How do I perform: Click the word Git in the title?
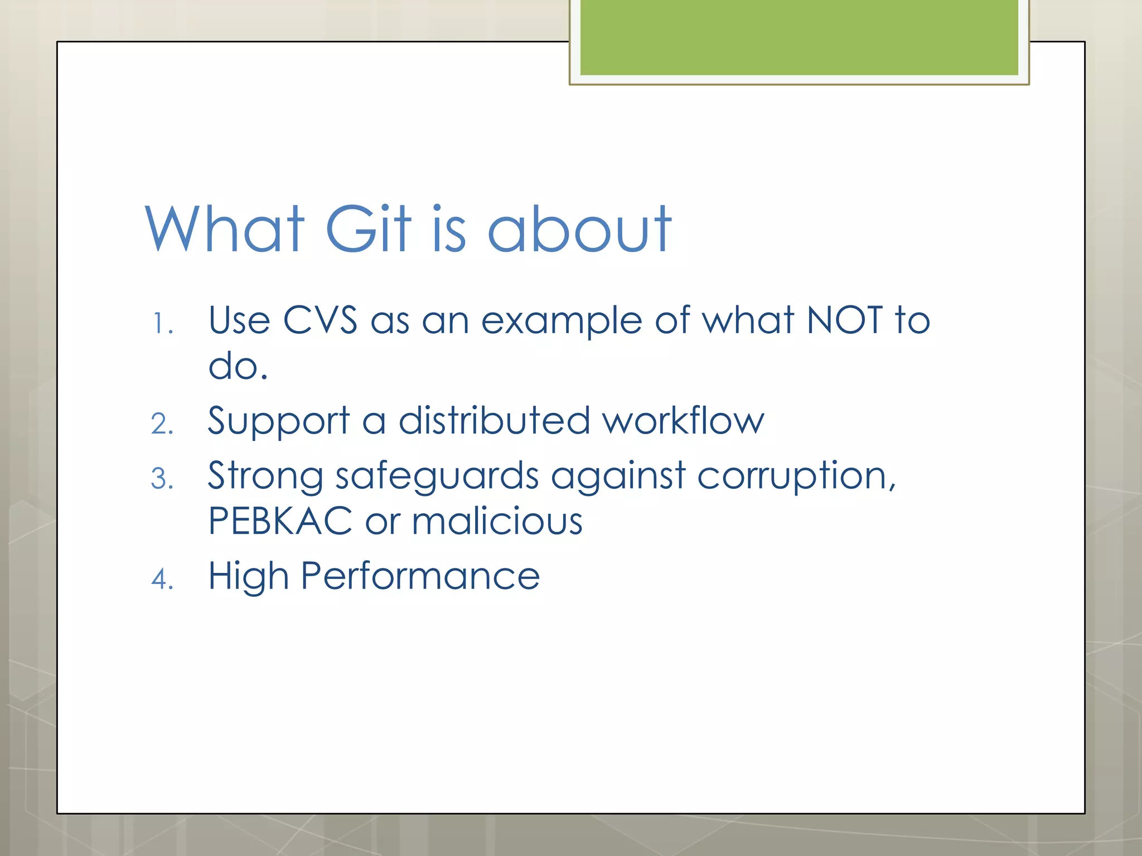click(x=368, y=228)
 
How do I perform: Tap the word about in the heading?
click(x=580, y=228)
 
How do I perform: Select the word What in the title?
click(x=225, y=228)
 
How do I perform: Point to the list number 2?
click(x=162, y=424)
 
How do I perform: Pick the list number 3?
click(x=162, y=479)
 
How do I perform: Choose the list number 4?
click(x=162, y=579)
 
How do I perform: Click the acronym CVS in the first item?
click(x=320, y=320)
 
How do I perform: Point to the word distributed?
click(x=494, y=420)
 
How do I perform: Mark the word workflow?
click(x=684, y=420)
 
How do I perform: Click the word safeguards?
click(x=437, y=477)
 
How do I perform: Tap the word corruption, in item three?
click(x=796, y=477)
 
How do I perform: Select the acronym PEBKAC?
click(x=280, y=522)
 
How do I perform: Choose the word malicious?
click(x=497, y=522)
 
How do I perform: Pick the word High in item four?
click(x=249, y=577)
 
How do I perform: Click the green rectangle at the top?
click(x=799, y=37)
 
